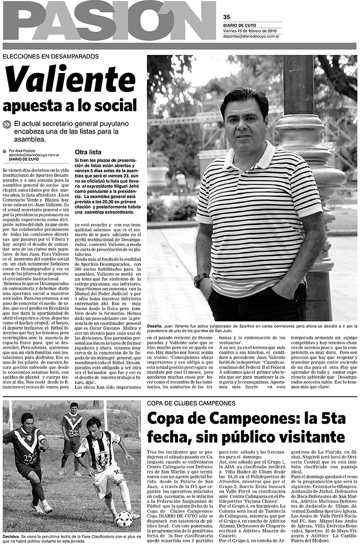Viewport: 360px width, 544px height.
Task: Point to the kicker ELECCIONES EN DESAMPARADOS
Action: coord(51,57)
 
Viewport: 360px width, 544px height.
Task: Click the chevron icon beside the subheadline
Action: coord(7,124)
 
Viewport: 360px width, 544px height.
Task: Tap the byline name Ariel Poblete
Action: coord(29,151)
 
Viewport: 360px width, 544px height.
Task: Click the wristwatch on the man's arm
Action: coord(202,280)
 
